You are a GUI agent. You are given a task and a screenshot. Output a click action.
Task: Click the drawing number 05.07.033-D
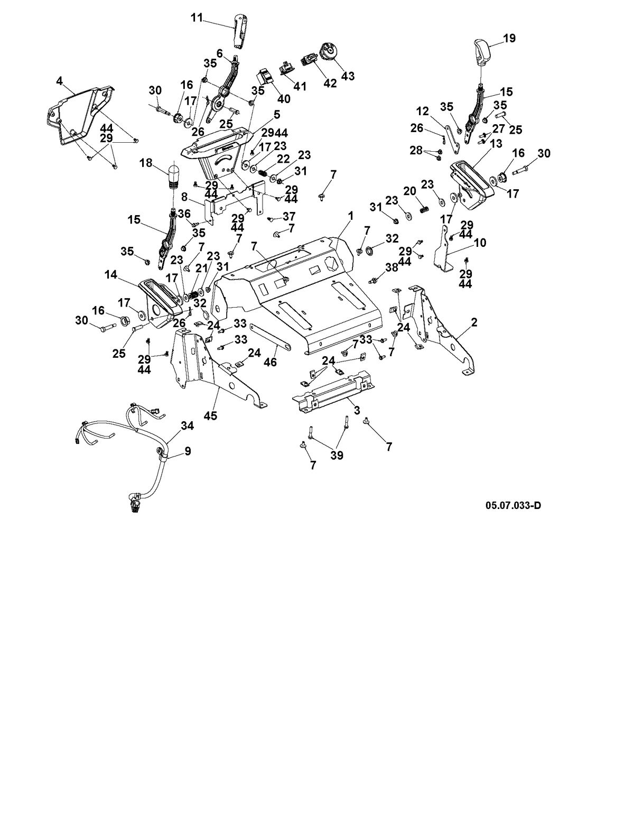513,505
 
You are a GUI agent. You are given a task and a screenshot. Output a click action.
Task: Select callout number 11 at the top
197,17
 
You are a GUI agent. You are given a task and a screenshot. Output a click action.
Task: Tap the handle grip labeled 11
238,32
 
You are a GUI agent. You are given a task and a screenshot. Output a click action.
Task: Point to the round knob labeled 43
329,53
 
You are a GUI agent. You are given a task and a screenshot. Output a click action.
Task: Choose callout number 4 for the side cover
59,81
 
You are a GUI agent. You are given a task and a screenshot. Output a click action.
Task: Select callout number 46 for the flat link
271,362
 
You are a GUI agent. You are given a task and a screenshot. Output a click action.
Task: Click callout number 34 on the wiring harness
187,425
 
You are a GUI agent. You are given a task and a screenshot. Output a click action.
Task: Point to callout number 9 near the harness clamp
188,450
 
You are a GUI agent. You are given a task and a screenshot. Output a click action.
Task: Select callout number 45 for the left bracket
211,415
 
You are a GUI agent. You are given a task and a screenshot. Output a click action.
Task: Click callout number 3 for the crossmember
357,410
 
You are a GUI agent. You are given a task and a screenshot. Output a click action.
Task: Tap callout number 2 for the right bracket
474,322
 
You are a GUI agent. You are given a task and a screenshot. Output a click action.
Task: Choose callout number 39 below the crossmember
337,455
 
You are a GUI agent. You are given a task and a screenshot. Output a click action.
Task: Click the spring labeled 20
423,210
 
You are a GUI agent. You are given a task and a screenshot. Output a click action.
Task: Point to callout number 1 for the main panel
351,216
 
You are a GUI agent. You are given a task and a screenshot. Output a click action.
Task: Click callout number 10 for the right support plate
480,243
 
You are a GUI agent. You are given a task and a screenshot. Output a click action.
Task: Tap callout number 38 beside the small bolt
391,267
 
